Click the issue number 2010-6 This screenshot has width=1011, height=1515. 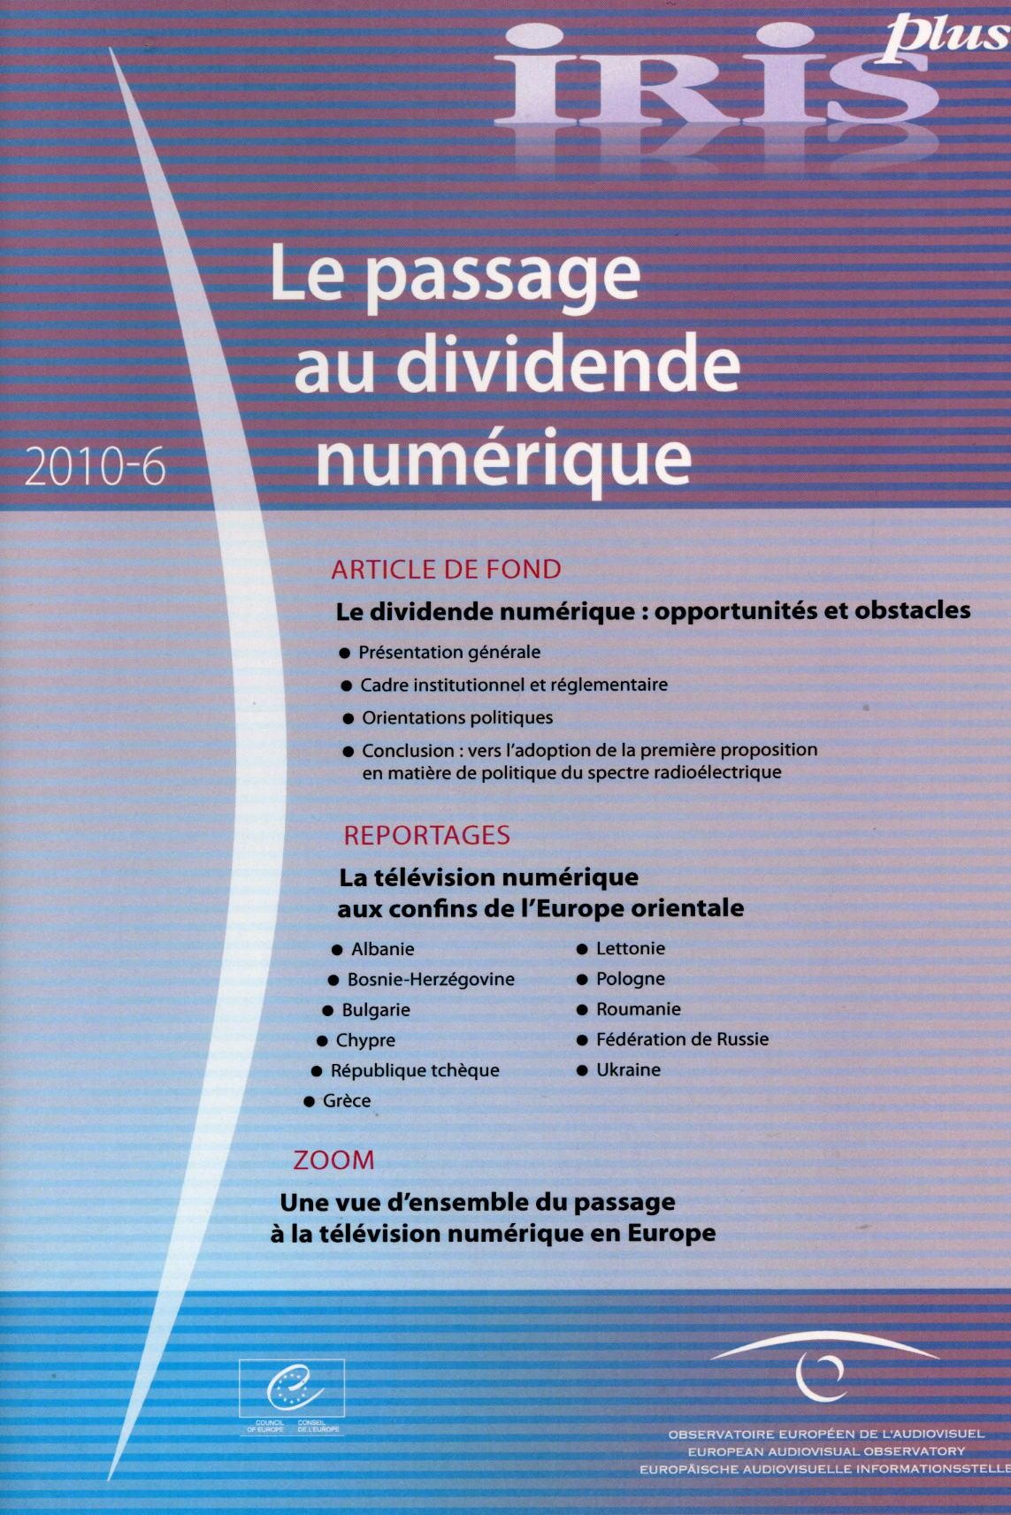[x=96, y=467]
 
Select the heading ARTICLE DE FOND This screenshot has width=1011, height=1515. [x=446, y=569]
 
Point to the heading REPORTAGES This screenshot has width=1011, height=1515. [x=426, y=835]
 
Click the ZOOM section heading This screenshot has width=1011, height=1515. [x=333, y=1159]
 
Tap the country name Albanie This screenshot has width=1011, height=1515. [x=382, y=949]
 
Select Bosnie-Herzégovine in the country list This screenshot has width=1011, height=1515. [x=431, y=979]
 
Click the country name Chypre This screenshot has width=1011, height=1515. [x=365, y=1040]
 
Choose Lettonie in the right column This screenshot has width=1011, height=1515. [x=630, y=948]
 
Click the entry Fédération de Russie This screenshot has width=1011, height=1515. [x=682, y=1039]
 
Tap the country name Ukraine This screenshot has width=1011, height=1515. [x=628, y=1069]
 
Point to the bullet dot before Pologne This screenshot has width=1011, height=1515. [x=582, y=980]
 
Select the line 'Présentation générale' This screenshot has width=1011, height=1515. [x=449, y=653]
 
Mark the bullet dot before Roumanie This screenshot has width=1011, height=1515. [x=582, y=1010]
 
